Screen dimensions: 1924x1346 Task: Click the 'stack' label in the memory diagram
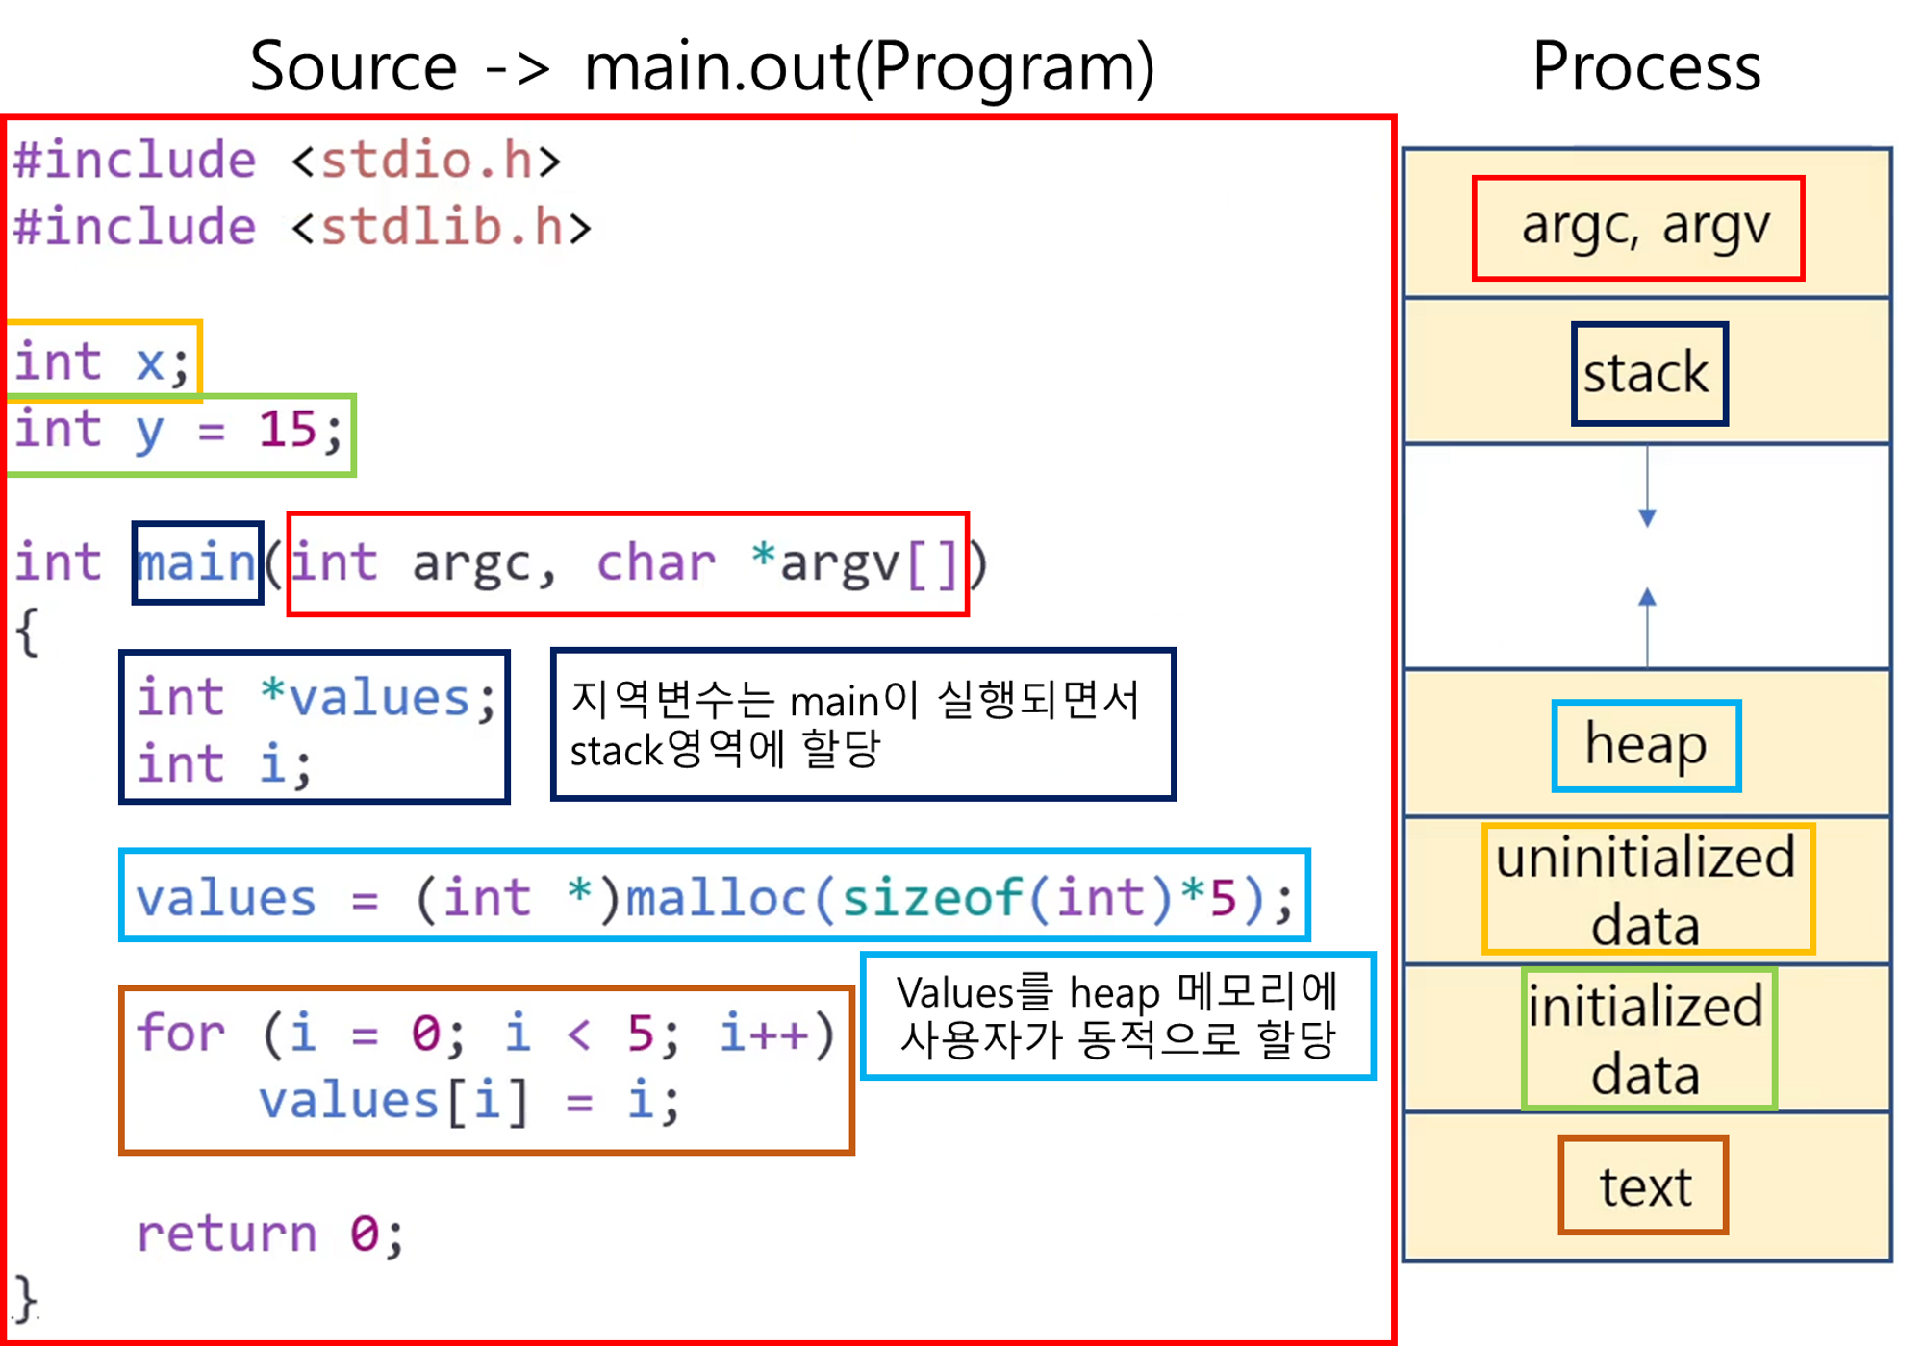coord(1647,373)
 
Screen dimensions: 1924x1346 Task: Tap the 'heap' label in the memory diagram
coord(1646,745)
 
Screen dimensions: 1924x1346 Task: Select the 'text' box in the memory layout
coord(1644,1185)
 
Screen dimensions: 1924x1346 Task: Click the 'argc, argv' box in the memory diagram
coord(1638,227)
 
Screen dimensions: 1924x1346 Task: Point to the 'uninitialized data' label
coord(1646,888)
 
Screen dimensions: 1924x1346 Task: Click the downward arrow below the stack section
coord(1647,514)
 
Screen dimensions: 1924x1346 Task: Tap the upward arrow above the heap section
coord(1647,601)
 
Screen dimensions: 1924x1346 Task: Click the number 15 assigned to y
coord(287,429)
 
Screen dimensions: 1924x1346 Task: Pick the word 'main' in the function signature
coord(197,562)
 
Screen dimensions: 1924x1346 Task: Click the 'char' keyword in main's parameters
coord(655,562)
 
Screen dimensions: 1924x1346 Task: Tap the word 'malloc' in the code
coord(716,898)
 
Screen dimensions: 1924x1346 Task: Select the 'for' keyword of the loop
coord(180,1033)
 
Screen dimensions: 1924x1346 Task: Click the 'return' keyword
coord(227,1234)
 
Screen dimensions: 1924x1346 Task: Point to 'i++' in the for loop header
coord(765,1033)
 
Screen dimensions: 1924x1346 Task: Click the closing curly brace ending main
coord(26,1298)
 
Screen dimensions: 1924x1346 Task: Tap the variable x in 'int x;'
coord(150,362)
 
